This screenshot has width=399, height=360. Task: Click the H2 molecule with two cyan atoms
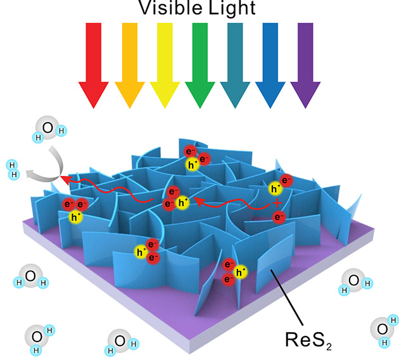pyautogui.click(x=13, y=168)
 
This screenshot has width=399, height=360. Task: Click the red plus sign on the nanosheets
pyautogui.click(x=277, y=204)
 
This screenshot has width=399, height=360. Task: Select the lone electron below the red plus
pyautogui.click(x=277, y=218)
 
